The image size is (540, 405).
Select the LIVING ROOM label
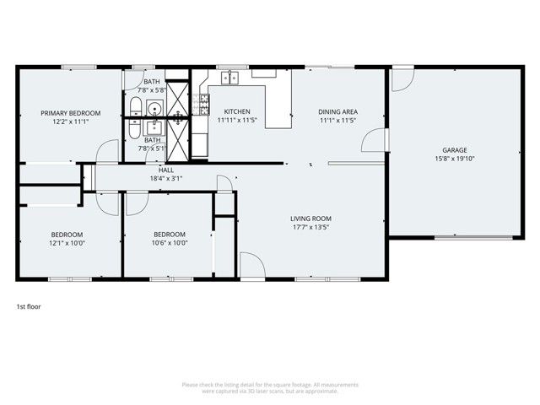[x=310, y=218]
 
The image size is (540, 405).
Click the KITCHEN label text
[x=236, y=112]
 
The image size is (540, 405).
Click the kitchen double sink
[x=231, y=78]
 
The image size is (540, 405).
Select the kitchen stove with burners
[x=202, y=104]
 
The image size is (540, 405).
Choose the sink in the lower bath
[x=153, y=127]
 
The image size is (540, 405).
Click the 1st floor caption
[x=29, y=307]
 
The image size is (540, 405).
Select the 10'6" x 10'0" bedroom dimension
[x=170, y=243]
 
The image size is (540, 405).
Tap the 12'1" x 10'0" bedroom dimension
[x=67, y=243]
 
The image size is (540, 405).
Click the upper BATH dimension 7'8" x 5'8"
[x=153, y=89]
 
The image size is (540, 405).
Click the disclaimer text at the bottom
[x=270, y=388]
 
